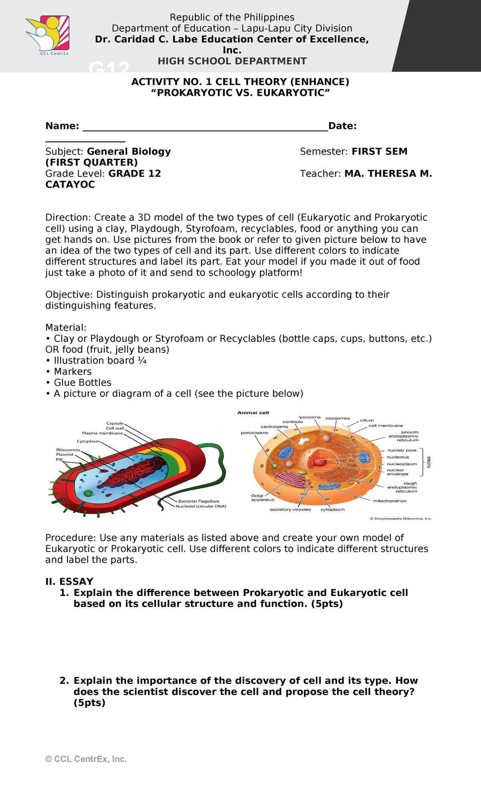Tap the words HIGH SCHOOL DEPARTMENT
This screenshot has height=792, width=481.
(x=232, y=61)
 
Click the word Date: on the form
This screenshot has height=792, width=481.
(x=342, y=126)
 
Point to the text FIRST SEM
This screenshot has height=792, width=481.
(x=379, y=152)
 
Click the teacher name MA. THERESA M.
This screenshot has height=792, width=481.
(x=388, y=174)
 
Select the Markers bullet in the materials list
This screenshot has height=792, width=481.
(x=73, y=372)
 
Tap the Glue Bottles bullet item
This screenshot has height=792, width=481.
(x=82, y=382)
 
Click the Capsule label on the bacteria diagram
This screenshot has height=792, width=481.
(x=115, y=423)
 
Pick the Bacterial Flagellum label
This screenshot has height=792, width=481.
(x=198, y=501)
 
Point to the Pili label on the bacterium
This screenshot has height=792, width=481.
(x=59, y=459)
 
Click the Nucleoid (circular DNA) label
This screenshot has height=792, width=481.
(x=201, y=506)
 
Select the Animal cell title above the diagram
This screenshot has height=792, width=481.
(x=253, y=413)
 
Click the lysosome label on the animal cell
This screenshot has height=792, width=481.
(x=309, y=417)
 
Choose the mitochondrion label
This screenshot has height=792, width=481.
(x=389, y=501)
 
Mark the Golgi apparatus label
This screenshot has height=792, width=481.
(x=263, y=498)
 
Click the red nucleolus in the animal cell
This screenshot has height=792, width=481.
(x=319, y=461)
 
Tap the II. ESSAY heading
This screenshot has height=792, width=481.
(x=69, y=582)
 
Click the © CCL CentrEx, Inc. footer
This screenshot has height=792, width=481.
(x=86, y=759)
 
